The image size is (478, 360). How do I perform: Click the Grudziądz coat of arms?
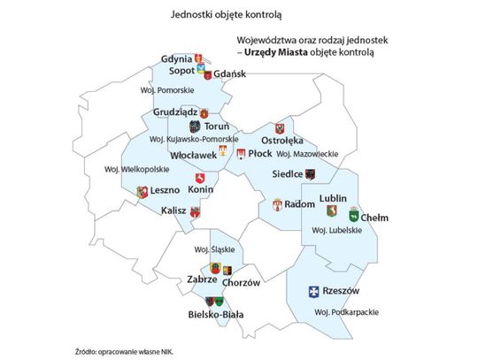[204, 113]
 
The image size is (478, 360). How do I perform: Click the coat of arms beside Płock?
[241, 155]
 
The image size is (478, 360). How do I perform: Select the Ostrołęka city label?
[282, 141]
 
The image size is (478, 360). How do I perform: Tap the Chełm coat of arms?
[354, 213]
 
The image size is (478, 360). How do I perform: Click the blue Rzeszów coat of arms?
[312, 293]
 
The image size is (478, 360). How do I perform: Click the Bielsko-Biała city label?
[217, 314]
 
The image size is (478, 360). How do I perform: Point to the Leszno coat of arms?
[142, 191]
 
